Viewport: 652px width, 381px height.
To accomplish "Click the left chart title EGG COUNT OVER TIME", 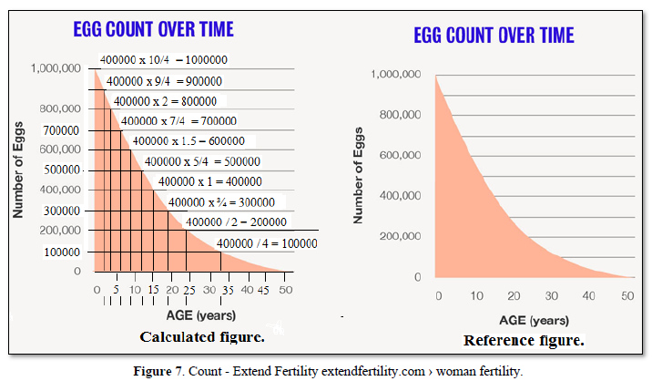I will [x=153, y=29].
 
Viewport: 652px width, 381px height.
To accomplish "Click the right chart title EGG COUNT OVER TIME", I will [x=494, y=36].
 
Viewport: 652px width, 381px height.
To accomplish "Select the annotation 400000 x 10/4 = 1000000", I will [x=164, y=60].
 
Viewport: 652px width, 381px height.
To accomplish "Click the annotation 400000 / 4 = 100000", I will [x=267, y=243].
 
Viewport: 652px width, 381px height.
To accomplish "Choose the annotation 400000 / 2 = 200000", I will [x=236, y=221].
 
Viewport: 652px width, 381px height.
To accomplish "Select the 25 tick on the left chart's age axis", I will [x=188, y=290].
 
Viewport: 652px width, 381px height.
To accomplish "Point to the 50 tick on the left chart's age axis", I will [x=286, y=290].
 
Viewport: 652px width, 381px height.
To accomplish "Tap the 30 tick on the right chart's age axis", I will [x=552, y=296].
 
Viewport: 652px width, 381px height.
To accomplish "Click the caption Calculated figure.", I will [x=202, y=337].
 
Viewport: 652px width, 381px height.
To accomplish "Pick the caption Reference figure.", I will [x=524, y=341].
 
